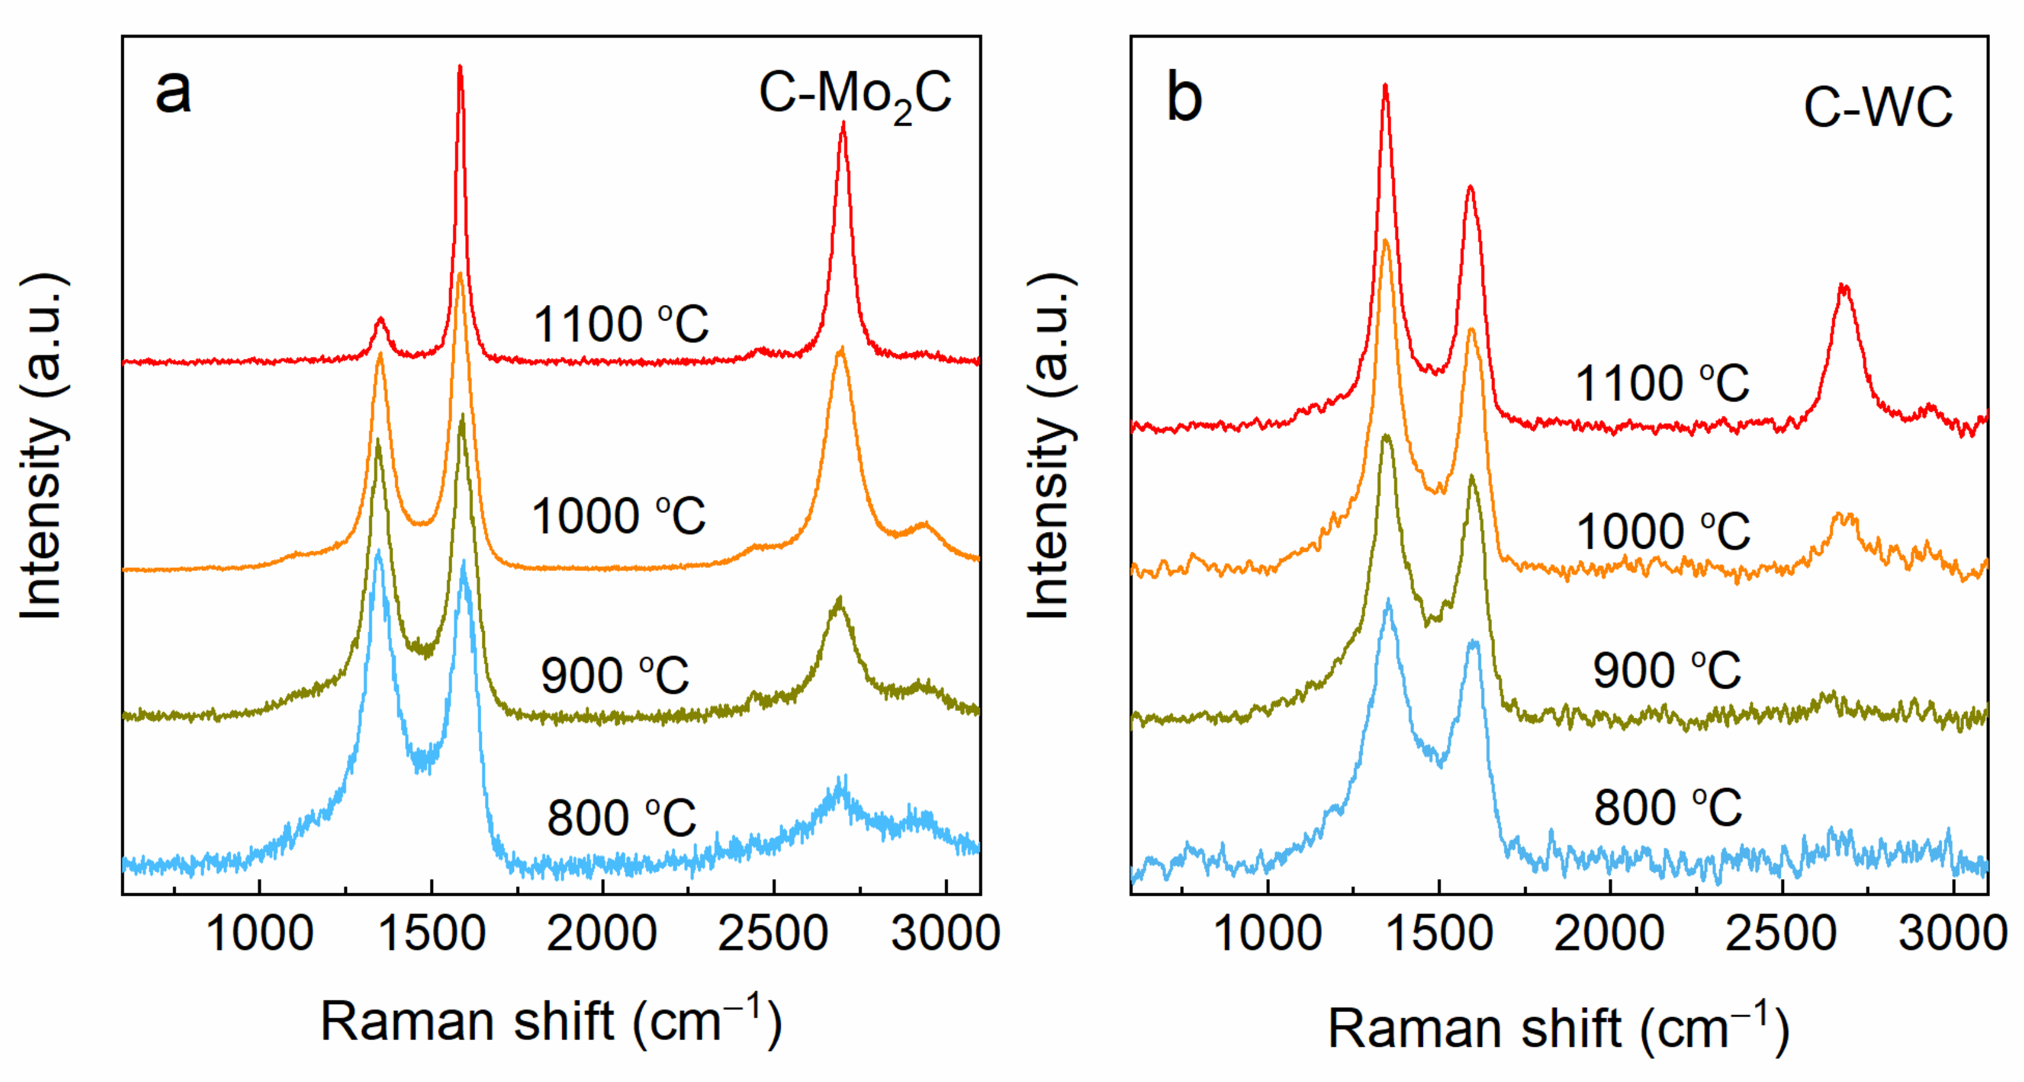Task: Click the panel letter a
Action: point(174,92)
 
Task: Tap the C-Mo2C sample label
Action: point(855,96)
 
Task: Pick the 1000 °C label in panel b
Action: point(1663,532)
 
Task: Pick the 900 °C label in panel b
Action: point(1666,672)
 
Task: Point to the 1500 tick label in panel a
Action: point(431,934)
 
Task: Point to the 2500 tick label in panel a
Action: point(773,934)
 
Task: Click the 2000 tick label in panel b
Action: point(1609,934)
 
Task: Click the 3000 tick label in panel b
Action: point(1952,934)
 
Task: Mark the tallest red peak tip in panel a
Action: point(460,67)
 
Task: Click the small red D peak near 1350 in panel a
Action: point(381,320)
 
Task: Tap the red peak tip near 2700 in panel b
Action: point(1843,287)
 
